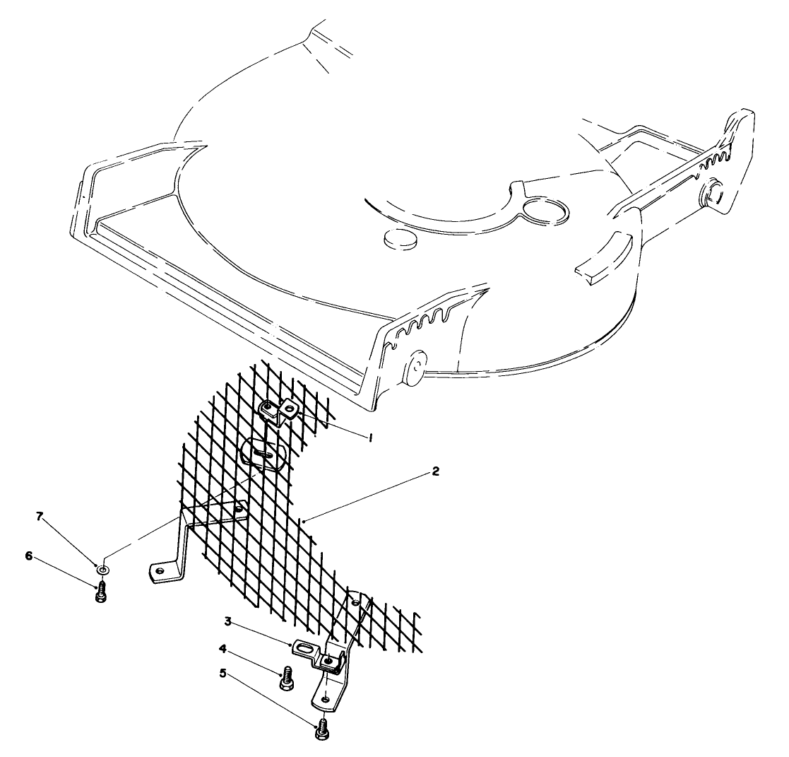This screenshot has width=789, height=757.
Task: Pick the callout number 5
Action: click(223, 673)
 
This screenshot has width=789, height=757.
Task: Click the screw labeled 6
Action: click(100, 592)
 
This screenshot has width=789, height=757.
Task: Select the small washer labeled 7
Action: click(104, 568)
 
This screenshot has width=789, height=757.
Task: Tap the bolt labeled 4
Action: click(286, 678)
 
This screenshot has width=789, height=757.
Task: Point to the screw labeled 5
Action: click(321, 728)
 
